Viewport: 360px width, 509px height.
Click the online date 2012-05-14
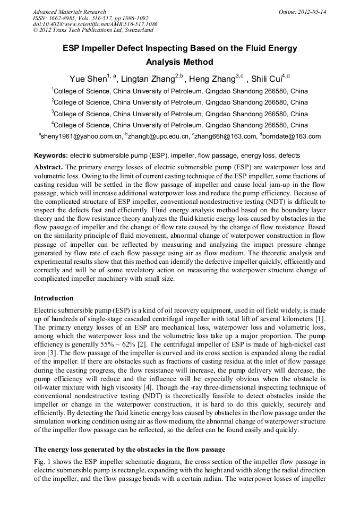[312, 12]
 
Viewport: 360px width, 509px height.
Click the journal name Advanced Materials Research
[69, 12]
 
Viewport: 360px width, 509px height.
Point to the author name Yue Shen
[88, 79]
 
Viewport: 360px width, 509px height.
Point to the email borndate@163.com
[292, 136]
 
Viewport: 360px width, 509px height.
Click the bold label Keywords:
[51, 156]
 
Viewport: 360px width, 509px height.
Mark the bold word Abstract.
[48, 167]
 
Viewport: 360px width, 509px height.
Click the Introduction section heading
[54, 298]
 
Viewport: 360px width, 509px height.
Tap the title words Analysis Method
[179, 62]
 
